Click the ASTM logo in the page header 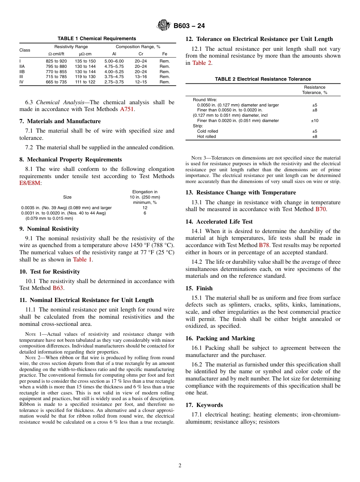(164, 26)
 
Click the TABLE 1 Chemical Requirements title (97, 39)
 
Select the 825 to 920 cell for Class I (56, 61)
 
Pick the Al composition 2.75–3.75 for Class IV (114, 82)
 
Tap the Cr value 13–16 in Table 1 (141, 77)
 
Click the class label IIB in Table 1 (22, 72)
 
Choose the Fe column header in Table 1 (164, 54)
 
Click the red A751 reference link (127, 110)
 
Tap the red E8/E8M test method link (30, 183)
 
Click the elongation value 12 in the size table (145, 208)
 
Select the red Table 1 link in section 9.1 (82, 260)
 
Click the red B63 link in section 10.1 (58, 288)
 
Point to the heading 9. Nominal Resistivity (49, 229)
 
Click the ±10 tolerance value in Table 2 (315, 121)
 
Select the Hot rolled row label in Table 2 (207, 136)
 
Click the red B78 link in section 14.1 (264, 245)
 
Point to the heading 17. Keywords (204, 405)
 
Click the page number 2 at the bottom (180, 466)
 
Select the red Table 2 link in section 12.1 (202, 63)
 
